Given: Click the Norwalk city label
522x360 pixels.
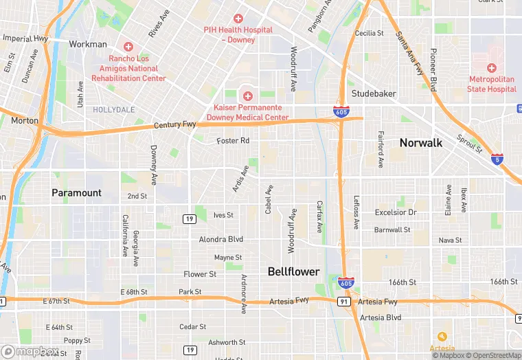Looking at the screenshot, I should [x=421, y=143].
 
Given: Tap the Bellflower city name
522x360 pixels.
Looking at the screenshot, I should [x=293, y=272].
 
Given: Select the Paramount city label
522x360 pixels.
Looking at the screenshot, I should [x=76, y=193].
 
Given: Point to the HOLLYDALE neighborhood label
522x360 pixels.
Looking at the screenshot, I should [x=114, y=109].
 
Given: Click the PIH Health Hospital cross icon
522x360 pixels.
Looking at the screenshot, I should [x=238, y=19].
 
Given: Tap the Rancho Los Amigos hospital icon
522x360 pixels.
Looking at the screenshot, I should [x=128, y=47].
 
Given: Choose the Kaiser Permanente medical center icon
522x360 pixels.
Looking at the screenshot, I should [x=247, y=96].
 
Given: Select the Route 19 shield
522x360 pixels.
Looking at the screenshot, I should [x=188, y=218].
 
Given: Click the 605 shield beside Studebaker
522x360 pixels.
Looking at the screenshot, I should [x=340, y=110].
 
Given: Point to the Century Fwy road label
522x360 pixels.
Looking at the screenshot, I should [x=175, y=125].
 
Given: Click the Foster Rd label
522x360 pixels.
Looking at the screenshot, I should [x=233, y=141].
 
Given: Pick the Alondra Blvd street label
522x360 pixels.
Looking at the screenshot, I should [x=221, y=240].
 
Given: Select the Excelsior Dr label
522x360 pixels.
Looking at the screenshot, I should [x=396, y=212].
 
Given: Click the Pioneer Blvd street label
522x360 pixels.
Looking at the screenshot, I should [x=433, y=69].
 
